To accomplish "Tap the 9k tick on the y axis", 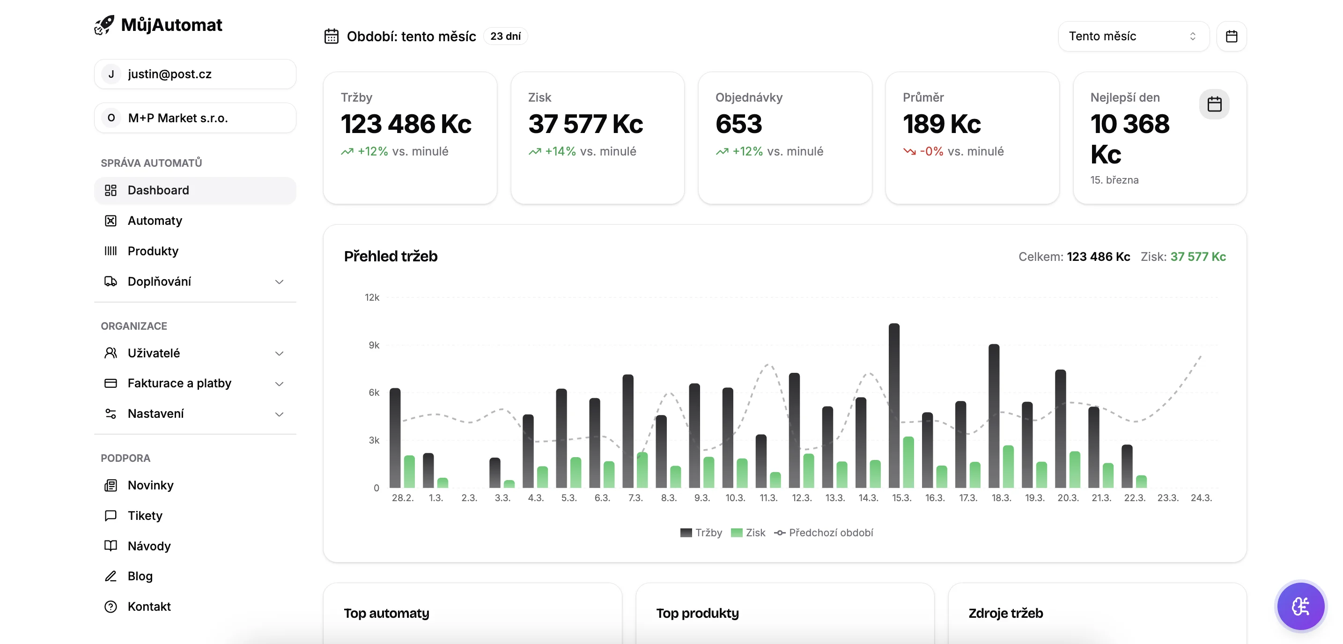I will [x=374, y=345].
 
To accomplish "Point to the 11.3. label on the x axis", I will [x=768, y=497].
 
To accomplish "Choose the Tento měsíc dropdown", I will [x=1133, y=36].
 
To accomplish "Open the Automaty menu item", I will [x=155, y=221].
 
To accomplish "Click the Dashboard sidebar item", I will [x=158, y=190].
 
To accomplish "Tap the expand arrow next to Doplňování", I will [x=279, y=281].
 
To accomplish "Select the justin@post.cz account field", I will [x=195, y=74].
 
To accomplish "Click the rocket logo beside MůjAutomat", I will [x=104, y=24].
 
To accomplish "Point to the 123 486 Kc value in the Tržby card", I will [x=406, y=124].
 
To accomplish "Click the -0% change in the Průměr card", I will [x=931, y=151].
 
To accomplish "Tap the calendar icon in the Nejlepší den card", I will [x=1214, y=104].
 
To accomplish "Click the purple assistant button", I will [x=1300, y=606].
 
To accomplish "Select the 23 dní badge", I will [x=505, y=36].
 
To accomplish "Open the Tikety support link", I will [x=145, y=515].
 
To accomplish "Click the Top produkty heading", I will [x=697, y=613].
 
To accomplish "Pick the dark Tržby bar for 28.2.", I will [x=395, y=438].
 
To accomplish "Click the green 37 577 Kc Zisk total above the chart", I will [x=1197, y=257].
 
